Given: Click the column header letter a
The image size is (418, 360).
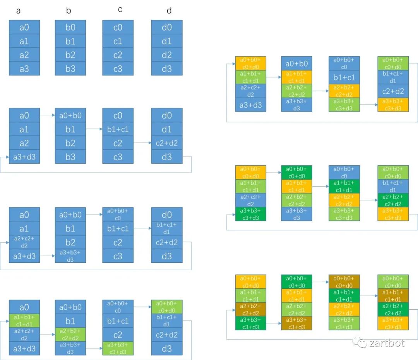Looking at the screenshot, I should click(18, 11).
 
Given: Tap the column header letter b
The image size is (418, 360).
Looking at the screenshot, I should click(69, 11).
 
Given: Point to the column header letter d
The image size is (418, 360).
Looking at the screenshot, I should click(169, 11).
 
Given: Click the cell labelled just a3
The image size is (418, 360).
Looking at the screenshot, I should click(24, 69).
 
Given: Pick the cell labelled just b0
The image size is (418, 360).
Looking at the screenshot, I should click(70, 27).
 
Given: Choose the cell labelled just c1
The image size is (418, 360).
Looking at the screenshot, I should click(118, 41).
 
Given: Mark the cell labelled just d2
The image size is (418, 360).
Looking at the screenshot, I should click(166, 55).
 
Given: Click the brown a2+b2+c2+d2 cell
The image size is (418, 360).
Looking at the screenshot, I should click(251, 309).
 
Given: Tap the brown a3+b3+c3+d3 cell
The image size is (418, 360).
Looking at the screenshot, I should click(297, 323).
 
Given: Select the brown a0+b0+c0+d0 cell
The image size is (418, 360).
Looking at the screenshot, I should click(344, 281).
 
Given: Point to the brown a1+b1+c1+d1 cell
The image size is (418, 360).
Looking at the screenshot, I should click(393, 296).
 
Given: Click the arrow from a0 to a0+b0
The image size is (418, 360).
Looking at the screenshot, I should click(47, 115).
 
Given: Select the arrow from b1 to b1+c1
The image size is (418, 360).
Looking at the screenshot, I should click(94, 129).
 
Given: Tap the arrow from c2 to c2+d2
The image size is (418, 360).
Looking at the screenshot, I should click(142, 143).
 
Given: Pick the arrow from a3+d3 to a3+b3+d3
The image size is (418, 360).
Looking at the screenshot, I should click(47, 256).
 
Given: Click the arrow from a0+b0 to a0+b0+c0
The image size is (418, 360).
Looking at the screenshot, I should click(94, 214).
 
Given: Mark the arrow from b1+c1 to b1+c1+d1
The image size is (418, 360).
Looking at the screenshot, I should click(142, 228).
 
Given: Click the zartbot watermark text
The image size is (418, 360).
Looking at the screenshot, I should click(387, 343).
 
